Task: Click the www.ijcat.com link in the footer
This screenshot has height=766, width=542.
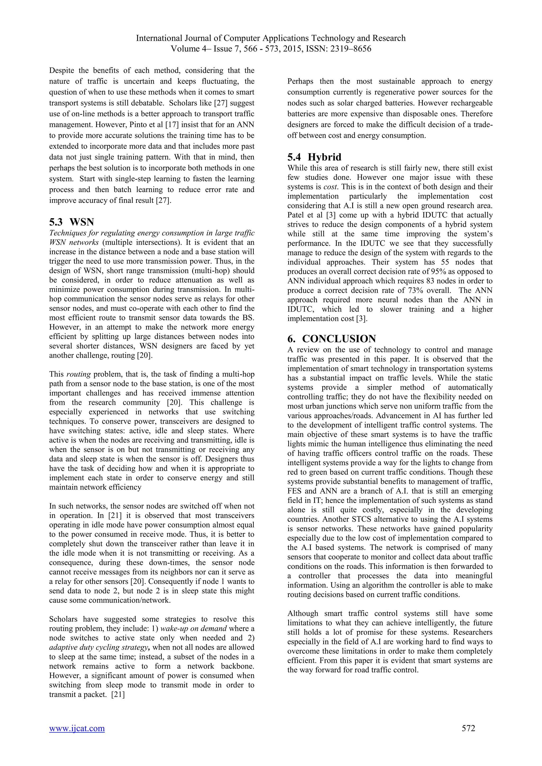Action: (x=77, y=728)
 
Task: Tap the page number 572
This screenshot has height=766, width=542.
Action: (x=468, y=728)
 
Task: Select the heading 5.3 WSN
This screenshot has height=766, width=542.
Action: (x=71, y=222)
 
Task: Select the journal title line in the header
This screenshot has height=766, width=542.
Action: (x=271, y=38)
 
